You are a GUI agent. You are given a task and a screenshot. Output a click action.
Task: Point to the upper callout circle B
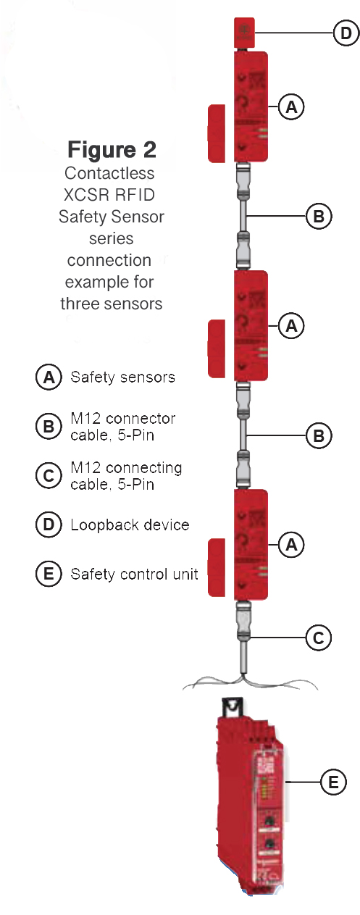click(318, 216)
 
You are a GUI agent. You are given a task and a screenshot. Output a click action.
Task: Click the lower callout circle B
click(318, 435)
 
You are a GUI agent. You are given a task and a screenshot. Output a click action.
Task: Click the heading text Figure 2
click(112, 149)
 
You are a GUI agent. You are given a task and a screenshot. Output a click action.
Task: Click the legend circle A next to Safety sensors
click(49, 377)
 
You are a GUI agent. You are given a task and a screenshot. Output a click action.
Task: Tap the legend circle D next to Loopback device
click(49, 525)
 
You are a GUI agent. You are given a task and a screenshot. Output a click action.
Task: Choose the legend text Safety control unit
click(134, 575)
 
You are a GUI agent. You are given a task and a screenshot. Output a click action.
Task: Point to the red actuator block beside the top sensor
click(218, 133)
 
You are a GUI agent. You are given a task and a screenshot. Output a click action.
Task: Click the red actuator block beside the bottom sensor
click(218, 568)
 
